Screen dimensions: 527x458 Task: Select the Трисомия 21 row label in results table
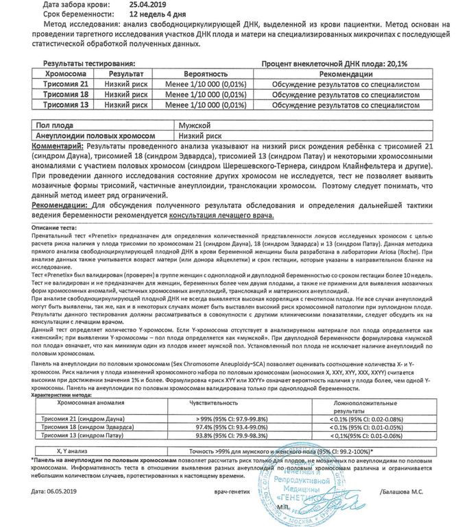[66, 83]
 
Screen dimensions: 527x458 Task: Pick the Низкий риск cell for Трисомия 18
[126, 94]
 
